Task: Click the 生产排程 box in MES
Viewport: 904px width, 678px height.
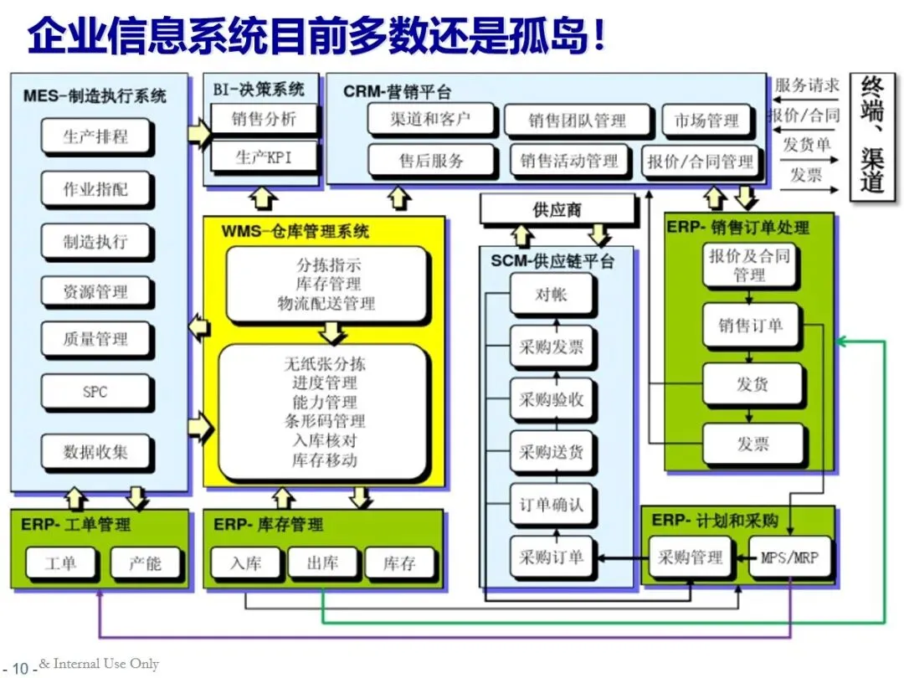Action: click(x=95, y=136)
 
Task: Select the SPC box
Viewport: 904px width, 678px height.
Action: click(x=95, y=392)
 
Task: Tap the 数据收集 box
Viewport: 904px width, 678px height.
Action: click(x=95, y=453)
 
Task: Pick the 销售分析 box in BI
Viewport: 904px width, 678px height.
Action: click(x=264, y=119)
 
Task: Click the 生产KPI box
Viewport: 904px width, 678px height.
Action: click(x=264, y=157)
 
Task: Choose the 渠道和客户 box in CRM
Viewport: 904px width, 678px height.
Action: click(x=429, y=119)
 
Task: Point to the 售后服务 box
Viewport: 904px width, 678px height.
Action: click(x=431, y=160)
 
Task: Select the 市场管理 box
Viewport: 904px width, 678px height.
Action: click(x=706, y=121)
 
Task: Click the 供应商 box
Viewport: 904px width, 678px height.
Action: click(x=557, y=209)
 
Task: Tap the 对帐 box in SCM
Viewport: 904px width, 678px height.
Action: click(x=551, y=295)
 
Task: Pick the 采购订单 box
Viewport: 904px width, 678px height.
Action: click(x=551, y=557)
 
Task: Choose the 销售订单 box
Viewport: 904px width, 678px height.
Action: click(x=750, y=326)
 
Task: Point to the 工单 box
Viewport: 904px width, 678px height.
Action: click(x=60, y=563)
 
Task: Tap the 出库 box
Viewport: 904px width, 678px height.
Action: click(x=321, y=563)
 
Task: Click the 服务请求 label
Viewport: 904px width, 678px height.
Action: click(x=806, y=85)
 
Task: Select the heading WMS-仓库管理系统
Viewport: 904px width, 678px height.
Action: click(x=295, y=230)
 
